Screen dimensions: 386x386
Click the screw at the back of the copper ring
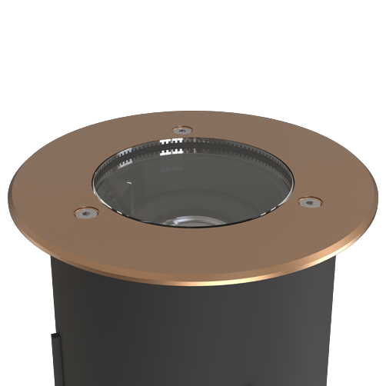click(x=181, y=129)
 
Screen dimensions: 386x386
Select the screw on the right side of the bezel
click(x=309, y=202)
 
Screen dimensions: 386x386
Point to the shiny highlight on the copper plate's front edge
click(x=192, y=281)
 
